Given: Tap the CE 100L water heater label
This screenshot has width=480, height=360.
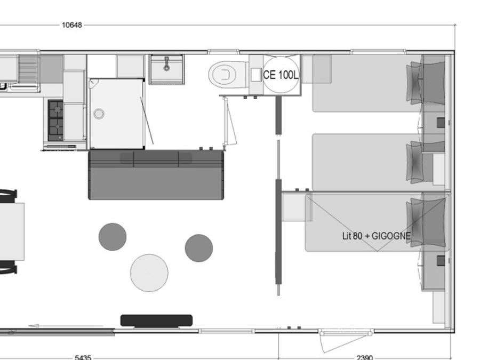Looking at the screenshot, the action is click(281, 75).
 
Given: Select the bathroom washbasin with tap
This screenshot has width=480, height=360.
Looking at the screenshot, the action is click(166, 69).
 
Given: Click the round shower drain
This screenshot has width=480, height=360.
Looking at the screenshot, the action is click(99, 114).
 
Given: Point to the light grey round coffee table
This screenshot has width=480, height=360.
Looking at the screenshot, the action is click(149, 273).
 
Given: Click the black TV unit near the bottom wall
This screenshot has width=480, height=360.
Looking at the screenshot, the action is click(156, 321).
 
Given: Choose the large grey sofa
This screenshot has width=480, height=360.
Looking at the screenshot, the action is click(156, 175).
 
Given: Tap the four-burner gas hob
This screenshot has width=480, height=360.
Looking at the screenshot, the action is click(55, 121).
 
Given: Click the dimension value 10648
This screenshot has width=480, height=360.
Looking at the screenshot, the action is click(72, 25).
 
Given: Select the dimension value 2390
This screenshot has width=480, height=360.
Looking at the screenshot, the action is click(365, 357).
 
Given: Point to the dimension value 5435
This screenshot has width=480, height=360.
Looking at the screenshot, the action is click(83, 357).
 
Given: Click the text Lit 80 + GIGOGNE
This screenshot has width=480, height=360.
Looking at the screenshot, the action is click(376, 236).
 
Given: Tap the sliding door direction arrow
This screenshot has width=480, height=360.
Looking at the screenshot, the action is click(66, 326).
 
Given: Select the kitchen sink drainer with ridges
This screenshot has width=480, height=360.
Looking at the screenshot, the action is click(29, 69).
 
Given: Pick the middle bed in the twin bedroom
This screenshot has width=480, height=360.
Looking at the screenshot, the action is click(367, 162).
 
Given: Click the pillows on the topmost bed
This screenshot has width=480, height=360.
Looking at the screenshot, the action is click(414, 83).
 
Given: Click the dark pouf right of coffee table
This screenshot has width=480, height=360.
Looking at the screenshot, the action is click(199, 248).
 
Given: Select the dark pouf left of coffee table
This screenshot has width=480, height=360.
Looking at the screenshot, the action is click(113, 237).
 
